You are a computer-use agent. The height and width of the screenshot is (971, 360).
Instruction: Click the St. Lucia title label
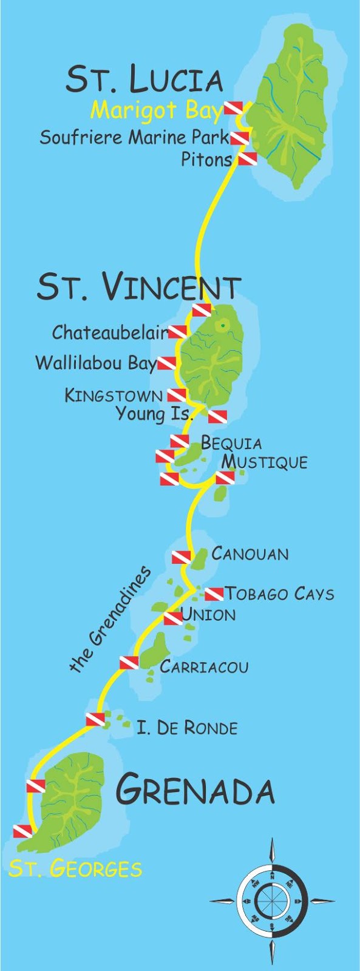click(144, 80)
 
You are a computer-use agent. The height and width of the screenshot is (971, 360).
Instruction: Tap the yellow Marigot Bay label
click(157, 110)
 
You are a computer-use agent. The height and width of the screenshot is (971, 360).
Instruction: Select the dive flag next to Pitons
click(247, 159)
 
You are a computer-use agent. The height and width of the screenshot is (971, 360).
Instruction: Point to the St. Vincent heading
click(138, 286)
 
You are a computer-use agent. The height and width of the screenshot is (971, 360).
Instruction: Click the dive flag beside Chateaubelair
click(177, 331)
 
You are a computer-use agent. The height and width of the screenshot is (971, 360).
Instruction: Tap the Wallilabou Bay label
click(96, 363)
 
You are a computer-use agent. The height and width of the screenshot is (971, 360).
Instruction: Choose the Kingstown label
click(114, 396)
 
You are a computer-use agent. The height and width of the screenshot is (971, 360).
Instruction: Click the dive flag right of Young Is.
click(217, 416)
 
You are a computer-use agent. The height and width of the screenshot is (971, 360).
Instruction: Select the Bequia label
click(231, 442)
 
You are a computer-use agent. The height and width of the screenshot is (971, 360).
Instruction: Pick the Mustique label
click(264, 462)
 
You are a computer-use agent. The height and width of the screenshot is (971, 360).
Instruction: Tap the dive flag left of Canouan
click(181, 557)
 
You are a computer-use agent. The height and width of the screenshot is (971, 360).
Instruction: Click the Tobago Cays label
click(279, 593)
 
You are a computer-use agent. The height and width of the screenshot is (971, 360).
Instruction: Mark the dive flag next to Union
click(172, 618)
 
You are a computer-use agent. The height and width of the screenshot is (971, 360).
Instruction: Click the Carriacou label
click(204, 666)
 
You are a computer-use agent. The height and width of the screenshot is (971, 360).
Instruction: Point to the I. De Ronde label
click(187, 727)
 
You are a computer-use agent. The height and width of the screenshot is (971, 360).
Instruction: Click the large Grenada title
click(195, 790)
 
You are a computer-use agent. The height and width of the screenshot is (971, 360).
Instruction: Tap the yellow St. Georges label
click(75, 868)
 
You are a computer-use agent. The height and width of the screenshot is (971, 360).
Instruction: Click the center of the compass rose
click(272, 900)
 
